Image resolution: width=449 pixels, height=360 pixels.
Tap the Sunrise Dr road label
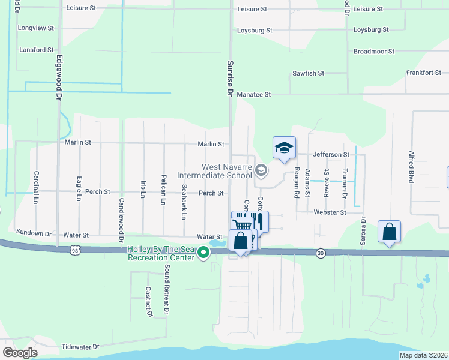(x=229, y=78)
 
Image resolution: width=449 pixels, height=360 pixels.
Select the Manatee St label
(x=254, y=95)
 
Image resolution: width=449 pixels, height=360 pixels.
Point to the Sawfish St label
(x=308, y=73)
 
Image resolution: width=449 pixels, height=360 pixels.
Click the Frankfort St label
(x=423, y=73)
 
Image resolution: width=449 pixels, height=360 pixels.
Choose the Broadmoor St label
(x=373, y=52)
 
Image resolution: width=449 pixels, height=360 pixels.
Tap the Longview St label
(x=36, y=28)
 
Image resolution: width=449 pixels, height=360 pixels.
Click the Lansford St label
(x=36, y=50)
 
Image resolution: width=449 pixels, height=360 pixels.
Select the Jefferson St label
(x=330, y=154)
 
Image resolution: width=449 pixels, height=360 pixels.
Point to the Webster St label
(x=330, y=212)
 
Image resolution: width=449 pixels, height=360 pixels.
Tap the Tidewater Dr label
(x=80, y=347)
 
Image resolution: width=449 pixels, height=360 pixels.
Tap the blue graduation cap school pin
(x=285, y=148)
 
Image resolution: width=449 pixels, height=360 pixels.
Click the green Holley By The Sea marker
(x=203, y=252)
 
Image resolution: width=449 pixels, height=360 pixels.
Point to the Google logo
(x=20, y=353)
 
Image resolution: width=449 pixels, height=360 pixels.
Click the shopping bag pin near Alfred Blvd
(x=389, y=232)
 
